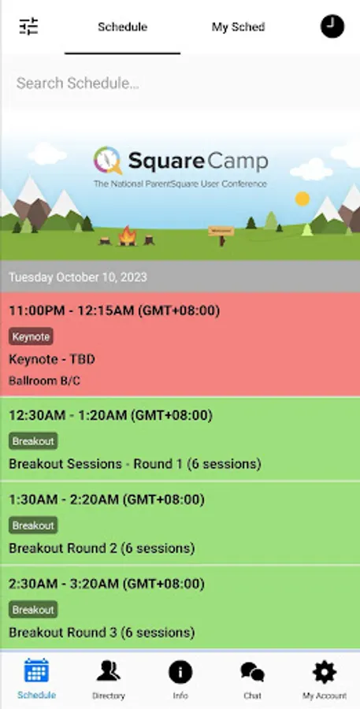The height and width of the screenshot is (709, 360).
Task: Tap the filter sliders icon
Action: click(28, 27)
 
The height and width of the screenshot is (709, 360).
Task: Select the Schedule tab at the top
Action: click(123, 27)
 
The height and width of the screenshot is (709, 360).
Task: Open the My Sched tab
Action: click(239, 27)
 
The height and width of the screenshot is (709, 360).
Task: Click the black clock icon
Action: click(332, 27)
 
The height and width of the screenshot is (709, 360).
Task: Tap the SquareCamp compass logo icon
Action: click(108, 160)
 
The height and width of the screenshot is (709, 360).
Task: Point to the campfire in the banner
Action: click(128, 236)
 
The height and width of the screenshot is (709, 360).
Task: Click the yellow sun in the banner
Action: click(302, 199)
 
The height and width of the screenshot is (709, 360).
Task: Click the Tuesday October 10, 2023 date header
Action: click(78, 277)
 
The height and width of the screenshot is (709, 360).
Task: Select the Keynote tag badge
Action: click(32, 336)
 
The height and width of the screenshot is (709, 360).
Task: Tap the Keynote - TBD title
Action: click(52, 359)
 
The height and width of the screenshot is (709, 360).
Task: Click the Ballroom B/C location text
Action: click(45, 380)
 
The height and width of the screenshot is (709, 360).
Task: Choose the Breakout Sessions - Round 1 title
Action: click(135, 464)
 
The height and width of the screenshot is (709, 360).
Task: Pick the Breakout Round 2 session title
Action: click(102, 548)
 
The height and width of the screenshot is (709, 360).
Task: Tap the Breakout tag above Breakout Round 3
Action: click(33, 610)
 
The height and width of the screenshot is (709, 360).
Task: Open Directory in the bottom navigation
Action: click(109, 679)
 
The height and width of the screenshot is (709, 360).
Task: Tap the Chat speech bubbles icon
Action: click(252, 672)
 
